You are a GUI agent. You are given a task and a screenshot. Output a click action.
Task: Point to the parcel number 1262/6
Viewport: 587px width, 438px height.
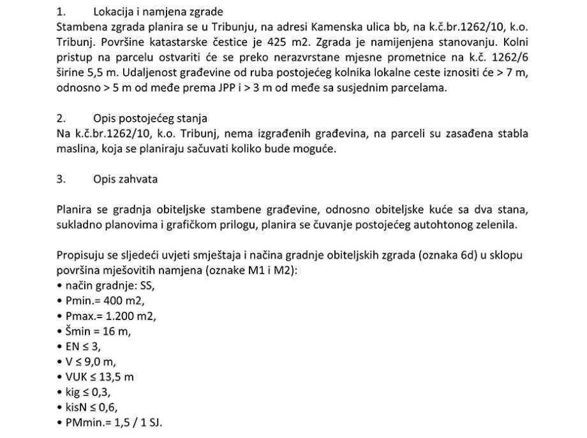(x=506, y=57)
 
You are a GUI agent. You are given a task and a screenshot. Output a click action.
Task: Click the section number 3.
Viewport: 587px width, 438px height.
(x=61, y=179)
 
